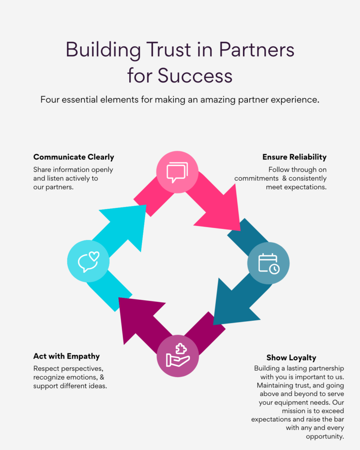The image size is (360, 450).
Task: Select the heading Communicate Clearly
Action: [x=73, y=157]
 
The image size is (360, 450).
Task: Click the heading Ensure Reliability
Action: [x=295, y=157]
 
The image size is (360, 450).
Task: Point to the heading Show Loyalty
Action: [x=291, y=357]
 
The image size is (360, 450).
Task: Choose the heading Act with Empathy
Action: [x=66, y=356]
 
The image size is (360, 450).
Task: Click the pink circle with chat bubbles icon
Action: [x=177, y=172]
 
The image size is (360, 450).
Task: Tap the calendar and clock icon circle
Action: [x=268, y=263]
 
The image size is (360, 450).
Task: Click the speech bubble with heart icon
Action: [x=88, y=261]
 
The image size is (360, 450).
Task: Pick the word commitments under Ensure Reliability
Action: [x=255, y=178]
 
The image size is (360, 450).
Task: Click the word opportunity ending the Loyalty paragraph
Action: [x=325, y=436]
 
